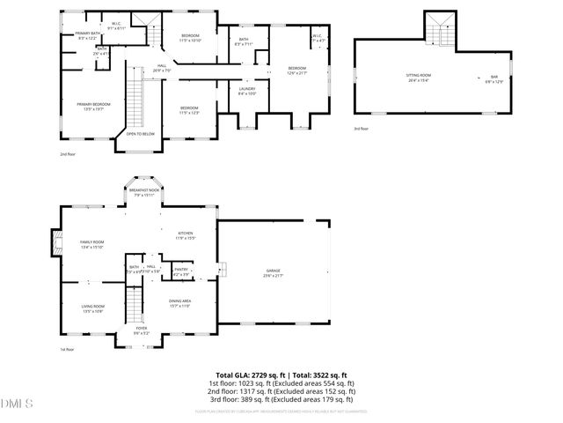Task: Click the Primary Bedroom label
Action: (92, 104)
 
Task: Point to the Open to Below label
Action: (140, 134)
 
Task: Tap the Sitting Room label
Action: (418, 77)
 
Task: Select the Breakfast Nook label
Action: (143, 191)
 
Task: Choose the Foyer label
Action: (141, 330)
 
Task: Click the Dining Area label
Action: (179, 303)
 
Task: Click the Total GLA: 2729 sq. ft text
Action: (250, 375)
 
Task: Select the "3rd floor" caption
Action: (362, 129)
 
